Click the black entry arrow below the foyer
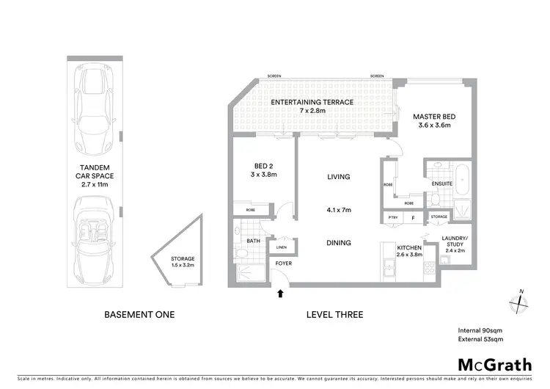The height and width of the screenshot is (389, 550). tap(280, 295)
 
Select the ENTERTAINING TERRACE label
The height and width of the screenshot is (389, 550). tap(312, 102)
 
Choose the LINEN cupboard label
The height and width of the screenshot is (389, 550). tap(282, 247)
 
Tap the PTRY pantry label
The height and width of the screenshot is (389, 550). tap(392, 217)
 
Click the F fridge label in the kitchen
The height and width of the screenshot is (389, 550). tap(414, 217)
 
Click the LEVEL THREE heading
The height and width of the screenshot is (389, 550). tap(334, 315)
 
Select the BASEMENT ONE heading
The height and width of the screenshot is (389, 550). tap(139, 315)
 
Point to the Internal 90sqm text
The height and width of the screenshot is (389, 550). tap(480, 330)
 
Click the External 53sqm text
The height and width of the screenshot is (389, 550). tap(480, 340)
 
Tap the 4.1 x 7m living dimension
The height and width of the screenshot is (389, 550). tap(338, 210)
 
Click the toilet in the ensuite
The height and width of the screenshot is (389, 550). tap(434, 198)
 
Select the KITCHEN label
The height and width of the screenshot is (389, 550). tap(408, 248)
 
